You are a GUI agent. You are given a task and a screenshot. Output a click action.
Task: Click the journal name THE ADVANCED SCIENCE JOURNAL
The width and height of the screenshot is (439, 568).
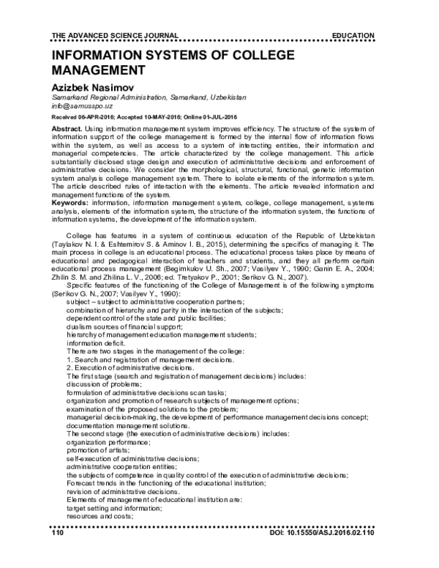[x=110, y=35]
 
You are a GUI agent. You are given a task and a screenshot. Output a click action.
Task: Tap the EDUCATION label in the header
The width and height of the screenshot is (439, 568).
[x=353, y=35]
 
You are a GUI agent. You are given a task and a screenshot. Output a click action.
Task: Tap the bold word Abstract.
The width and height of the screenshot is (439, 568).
[x=66, y=127]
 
